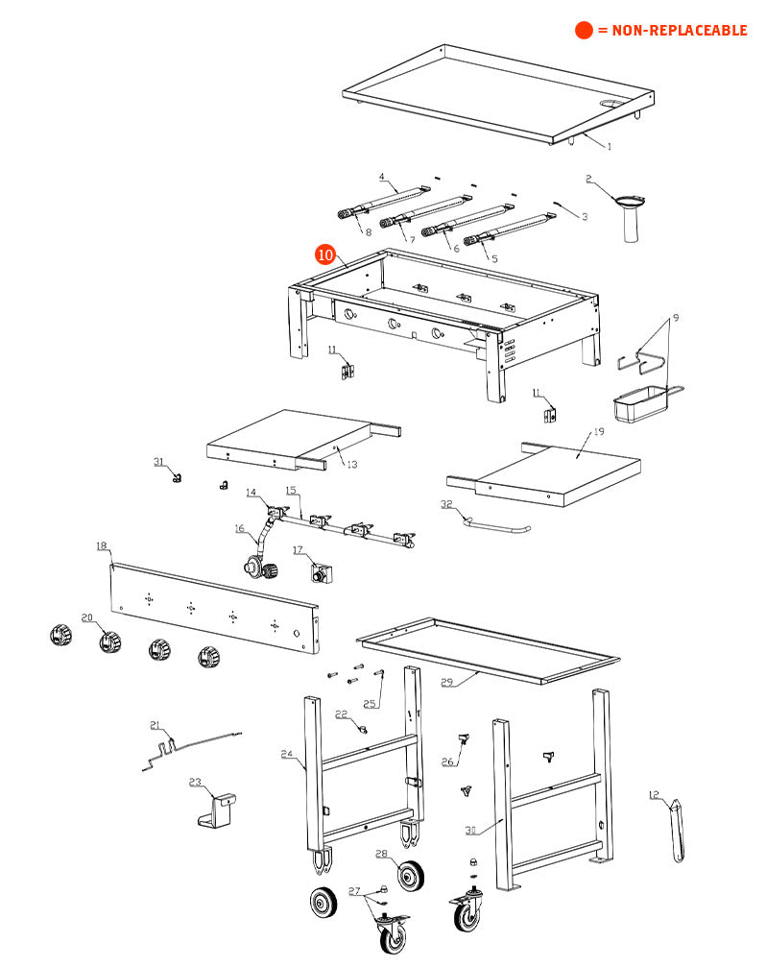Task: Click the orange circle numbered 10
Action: coord(326,254)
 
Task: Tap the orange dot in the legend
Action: coord(584,30)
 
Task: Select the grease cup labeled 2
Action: coord(630,218)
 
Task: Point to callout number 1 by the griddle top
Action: coord(608,147)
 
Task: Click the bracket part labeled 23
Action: coord(220,810)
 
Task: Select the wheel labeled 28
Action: coord(412,876)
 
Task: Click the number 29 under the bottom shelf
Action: coord(446,683)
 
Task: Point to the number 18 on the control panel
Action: coord(102,546)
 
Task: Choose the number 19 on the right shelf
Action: coord(599,432)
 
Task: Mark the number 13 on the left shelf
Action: coord(351,464)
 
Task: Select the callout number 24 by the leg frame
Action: coord(287,755)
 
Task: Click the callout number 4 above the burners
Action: coord(381,177)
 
